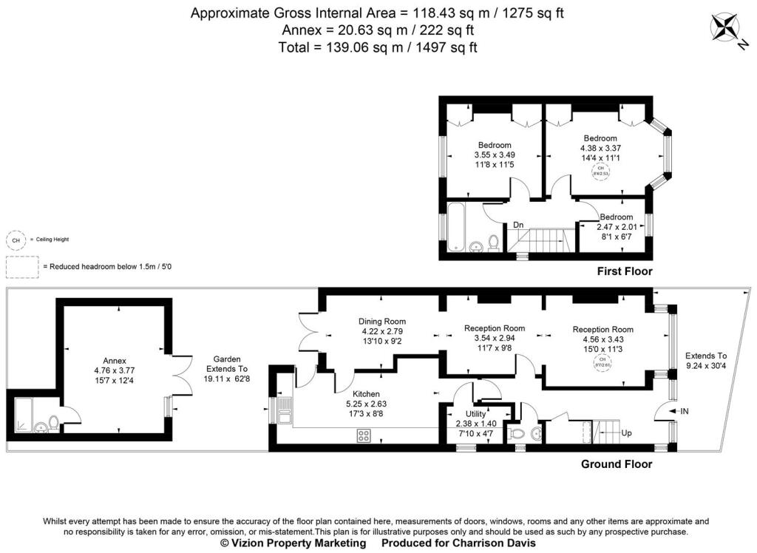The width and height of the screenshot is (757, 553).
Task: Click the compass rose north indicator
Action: [x=724, y=27]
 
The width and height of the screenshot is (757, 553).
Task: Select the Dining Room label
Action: [x=382, y=321]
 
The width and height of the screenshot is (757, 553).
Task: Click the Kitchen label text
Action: [x=367, y=393]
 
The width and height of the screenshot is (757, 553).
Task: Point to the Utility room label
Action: [x=475, y=413]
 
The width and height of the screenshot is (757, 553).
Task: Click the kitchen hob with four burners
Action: [x=364, y=435]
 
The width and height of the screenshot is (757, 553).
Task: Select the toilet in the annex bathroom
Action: [x=52, y=422]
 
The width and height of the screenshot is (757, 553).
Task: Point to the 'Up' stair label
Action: [x=627, y=432]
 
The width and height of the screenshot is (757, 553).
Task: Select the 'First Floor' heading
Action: [x=625, y=271]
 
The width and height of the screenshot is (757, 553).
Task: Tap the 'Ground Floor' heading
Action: [x=616, y=464]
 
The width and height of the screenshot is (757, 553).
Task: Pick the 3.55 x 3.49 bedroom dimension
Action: [x=494, y=155]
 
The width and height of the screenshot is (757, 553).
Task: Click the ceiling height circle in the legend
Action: [x=15, y=240]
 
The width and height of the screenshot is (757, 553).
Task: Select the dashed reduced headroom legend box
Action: [x=23, y=266]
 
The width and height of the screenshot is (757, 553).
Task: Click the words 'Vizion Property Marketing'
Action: [x=293, y=543]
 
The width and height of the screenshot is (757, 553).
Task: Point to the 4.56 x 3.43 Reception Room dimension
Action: [x=602, y=339]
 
